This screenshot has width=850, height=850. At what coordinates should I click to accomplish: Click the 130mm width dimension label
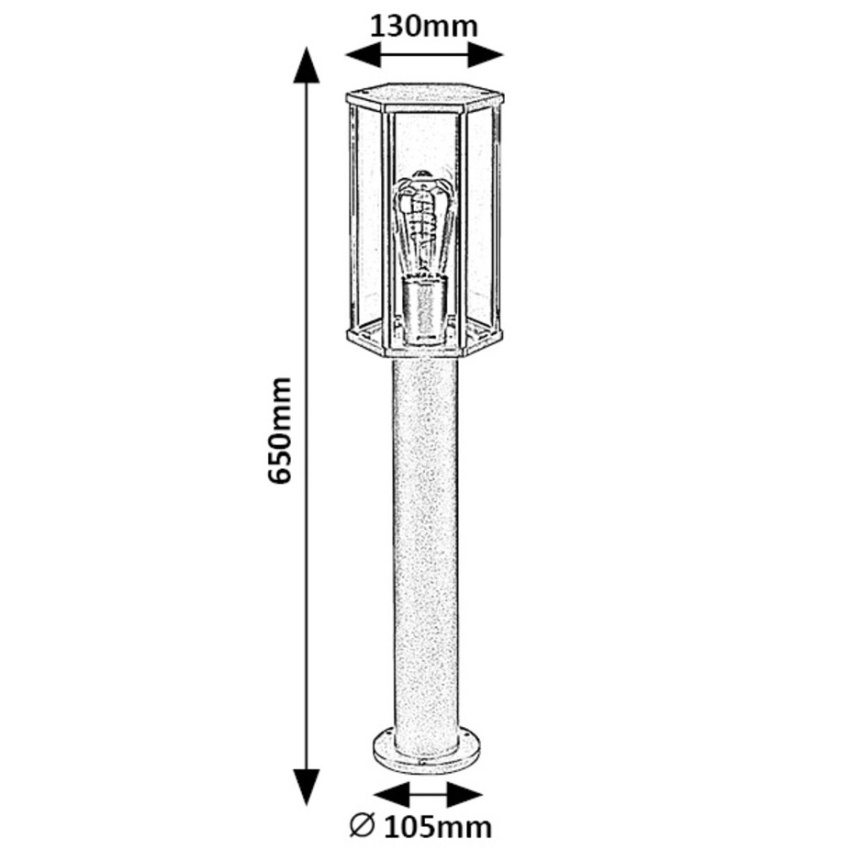[424, 24]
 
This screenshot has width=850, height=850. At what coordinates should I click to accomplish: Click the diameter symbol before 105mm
[362, 827]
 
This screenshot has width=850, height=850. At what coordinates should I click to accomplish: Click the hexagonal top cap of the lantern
[424, 98]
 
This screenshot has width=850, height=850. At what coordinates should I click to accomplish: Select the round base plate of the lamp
[424, 750]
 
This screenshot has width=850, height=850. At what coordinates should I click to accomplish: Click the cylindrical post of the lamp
[424, 540]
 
